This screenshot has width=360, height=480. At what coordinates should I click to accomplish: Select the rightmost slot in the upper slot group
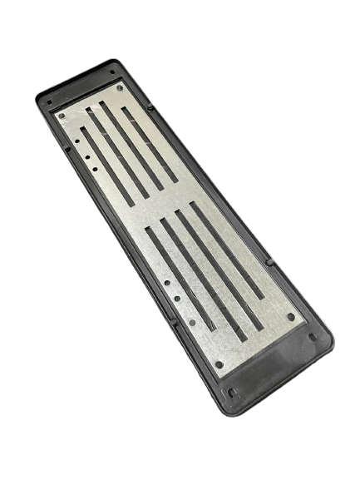click(150, 145)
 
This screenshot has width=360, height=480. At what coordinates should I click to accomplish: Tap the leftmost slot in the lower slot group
click(181, 279)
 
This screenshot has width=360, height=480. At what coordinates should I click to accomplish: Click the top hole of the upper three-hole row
click(76, 141)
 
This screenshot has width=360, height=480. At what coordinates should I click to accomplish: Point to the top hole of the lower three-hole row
click(169, 285)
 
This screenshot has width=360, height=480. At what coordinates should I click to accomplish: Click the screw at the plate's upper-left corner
click(61, 114)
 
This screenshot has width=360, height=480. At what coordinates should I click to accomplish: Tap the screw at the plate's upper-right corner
click(120, 87)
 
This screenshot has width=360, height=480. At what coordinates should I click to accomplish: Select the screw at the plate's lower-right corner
click(291, 316)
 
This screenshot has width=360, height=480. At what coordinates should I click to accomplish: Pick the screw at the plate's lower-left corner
click(218, 364)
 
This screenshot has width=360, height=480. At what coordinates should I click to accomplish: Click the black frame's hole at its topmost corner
click(112, 72)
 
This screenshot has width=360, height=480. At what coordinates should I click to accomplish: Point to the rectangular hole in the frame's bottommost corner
click(233, 392)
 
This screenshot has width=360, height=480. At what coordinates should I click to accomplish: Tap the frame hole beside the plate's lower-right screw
click(313, 337)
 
